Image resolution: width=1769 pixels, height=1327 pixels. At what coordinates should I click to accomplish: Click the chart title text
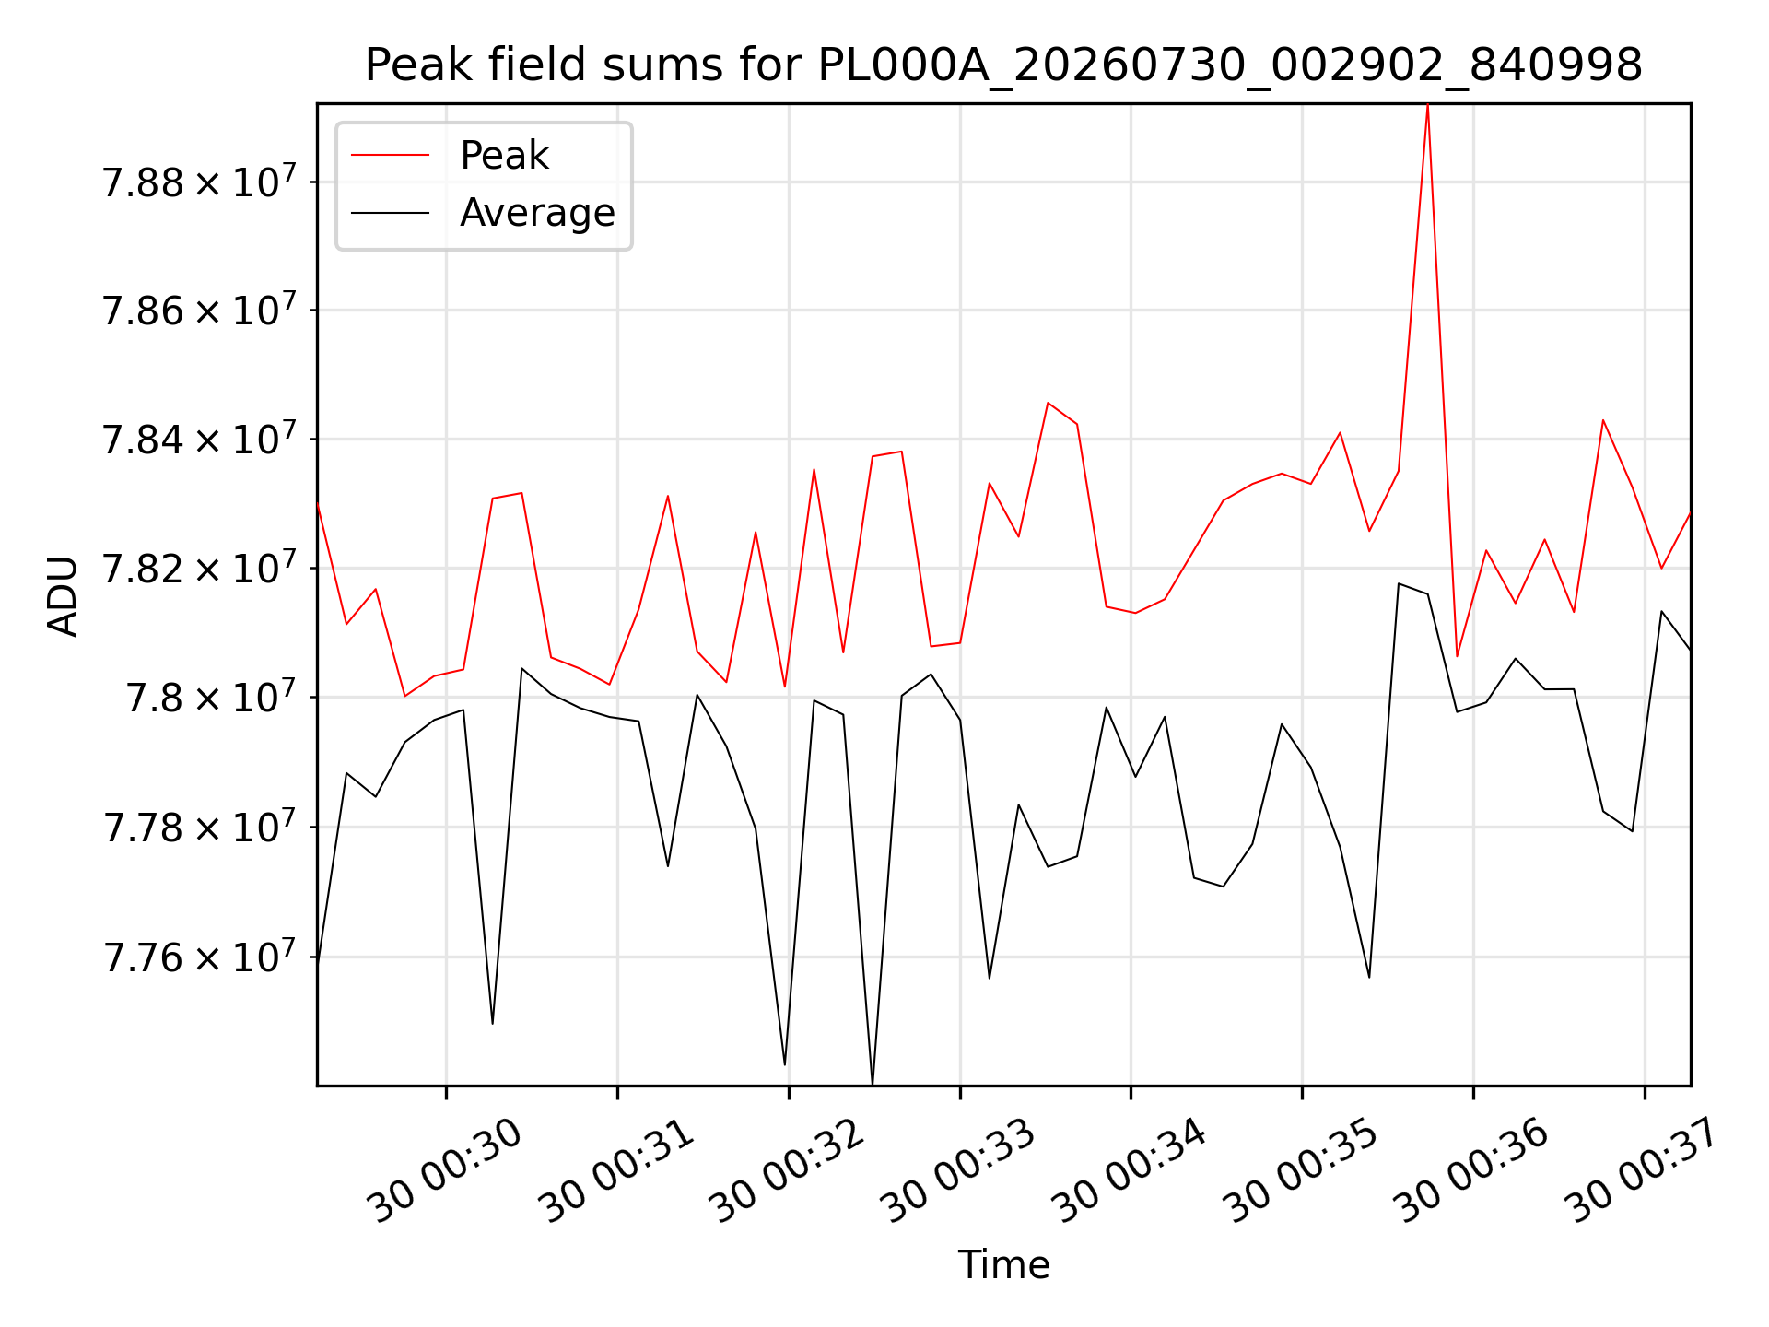(x=1003, y=65)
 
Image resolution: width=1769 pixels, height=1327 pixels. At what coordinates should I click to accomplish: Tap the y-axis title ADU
(x=63, y=595)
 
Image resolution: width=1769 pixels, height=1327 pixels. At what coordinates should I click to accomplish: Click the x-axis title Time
(x=1003, y=1264)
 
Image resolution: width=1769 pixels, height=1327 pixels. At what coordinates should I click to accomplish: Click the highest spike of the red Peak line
(x=1427, y=105)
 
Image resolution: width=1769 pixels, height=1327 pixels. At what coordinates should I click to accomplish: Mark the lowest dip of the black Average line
(x=873, y=1083)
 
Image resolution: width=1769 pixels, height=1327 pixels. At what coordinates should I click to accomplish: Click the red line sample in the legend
(x=391, y=155)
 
